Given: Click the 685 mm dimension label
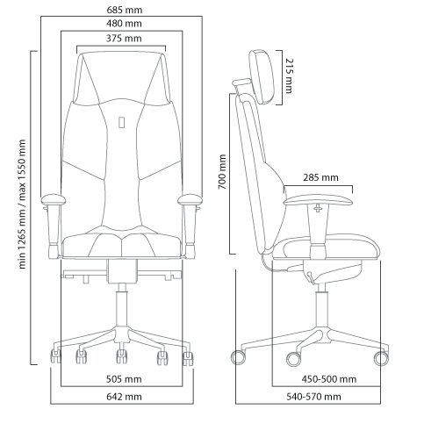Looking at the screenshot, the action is [x=125, y=10].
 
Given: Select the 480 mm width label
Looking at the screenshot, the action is [x=124, y=24].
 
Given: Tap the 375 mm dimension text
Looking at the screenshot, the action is [x=124, y=39].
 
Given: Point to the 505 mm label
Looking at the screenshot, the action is [x=124, y=379].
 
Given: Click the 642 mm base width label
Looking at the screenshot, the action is [x=124, y=397].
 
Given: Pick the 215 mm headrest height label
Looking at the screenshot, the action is [x=289, y=76].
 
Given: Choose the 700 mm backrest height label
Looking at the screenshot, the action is [x=222, y=172].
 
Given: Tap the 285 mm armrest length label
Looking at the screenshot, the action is [x=320, y=177].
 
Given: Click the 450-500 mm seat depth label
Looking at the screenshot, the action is [x=329, y=379].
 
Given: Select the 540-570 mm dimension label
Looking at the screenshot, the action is [x=313, y=397].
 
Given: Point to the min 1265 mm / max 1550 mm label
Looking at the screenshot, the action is [x=22, y=204].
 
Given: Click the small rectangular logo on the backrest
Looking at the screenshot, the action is [x=122, y=122].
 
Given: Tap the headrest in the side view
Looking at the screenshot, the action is [x=262, y=76].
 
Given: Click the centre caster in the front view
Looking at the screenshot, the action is [x=121, y=356].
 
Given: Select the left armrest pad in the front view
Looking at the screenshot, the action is [x=54, y=200].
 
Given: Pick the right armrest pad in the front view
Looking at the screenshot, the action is [x=190, y=200].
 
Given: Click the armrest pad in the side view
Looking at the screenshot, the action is [x=318, y=200].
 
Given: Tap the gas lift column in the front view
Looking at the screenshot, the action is [x=121, y=309].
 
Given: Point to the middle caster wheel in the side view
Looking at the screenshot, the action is [x=293, y=359].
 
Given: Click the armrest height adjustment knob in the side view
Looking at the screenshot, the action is [x=318, y=209].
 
